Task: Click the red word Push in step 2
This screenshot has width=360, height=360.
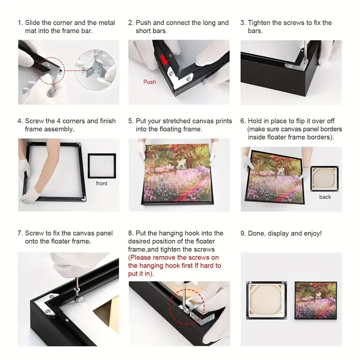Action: pyautogui.click(x=150, y=82)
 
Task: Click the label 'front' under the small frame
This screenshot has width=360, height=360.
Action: pyautogui.click(x=102, y=183)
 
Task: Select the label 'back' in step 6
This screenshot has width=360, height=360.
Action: pyautogui.click(x=325, y=197)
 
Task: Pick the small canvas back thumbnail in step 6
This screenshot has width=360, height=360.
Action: pyautogui.click(x=325, y=179)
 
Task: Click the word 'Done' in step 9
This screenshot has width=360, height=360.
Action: pyautogui.click(x=256, y=233)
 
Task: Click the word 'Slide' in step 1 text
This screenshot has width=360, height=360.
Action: pyautogui.click(x=33, y=22)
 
